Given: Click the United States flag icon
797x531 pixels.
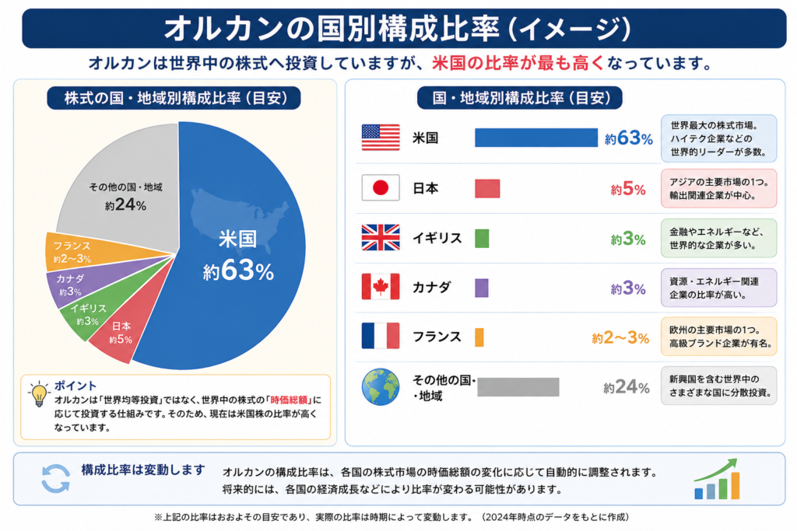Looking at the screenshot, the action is tap(380, 138).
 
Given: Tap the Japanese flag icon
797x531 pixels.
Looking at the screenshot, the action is tap(380, 188).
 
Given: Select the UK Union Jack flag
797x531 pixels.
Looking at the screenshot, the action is tap(380, 238).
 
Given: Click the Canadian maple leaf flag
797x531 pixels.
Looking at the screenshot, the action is tap(380, 287).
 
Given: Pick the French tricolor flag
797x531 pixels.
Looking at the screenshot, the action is tap(380, 336).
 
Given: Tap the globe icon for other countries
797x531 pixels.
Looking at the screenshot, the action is tap(381, 387).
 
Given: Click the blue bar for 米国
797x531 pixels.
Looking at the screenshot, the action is tap(536, 138).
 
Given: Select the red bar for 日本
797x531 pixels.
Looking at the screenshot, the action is tap(487, 188).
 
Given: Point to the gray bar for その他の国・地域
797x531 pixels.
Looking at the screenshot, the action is tap(518, 387).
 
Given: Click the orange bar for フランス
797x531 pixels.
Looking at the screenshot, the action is tap(479, 337).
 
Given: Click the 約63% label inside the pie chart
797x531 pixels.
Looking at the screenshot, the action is tap(238, 271).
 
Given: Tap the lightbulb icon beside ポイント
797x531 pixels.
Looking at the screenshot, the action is tap(39, 394).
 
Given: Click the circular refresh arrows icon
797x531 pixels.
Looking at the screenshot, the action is tap(55, 478).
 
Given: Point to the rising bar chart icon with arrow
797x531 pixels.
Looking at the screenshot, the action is tap(717, 479).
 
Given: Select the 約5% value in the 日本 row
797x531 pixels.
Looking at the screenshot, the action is tap(628, 190).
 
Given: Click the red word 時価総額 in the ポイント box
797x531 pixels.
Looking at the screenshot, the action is tap(289, 400).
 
